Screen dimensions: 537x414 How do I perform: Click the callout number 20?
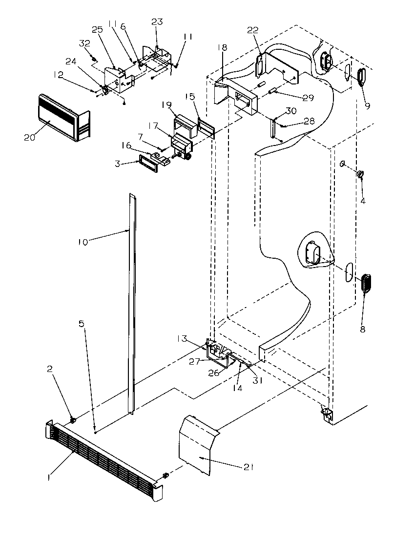pos(30,137)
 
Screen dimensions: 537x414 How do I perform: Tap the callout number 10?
pos(83,242)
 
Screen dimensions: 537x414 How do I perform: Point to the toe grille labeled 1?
pos(100,460)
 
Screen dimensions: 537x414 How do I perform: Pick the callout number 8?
pos(363,329)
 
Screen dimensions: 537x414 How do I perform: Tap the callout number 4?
pos(363,200)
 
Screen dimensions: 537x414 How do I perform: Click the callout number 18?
pos(222,48)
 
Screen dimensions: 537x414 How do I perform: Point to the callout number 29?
pos(308,98)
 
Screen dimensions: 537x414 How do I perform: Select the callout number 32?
pos(84,43)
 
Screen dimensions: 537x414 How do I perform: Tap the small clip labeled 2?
pos(73,419)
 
